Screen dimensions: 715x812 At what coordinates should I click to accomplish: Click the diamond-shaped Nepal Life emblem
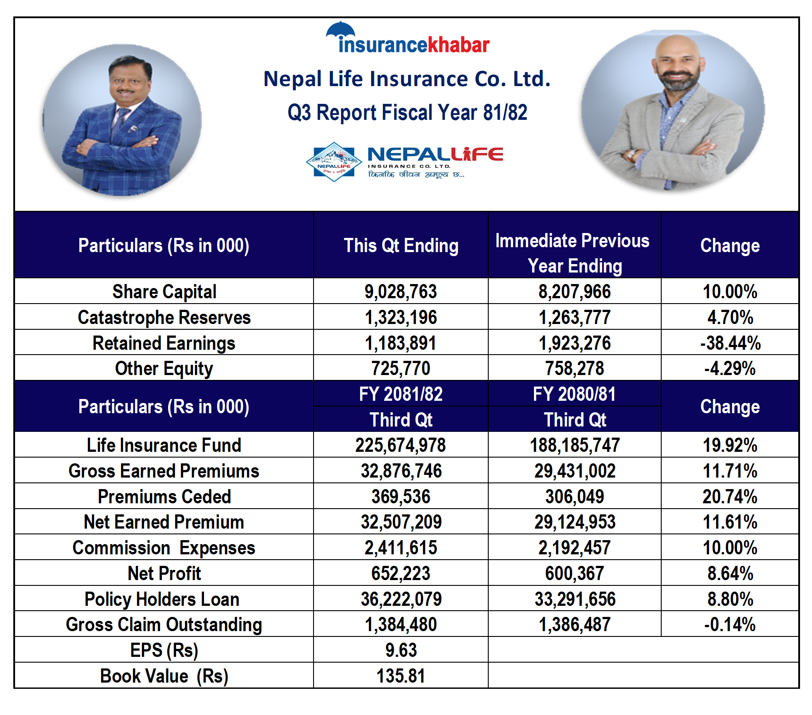click(334, 162)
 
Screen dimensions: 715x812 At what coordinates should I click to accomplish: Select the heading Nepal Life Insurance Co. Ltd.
click(407, 79)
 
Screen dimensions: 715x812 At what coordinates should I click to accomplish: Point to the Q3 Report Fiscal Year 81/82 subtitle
click(407, 112)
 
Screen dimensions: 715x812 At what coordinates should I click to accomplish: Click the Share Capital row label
click(164, 292)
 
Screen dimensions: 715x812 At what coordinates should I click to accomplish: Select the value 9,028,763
click(400, 292)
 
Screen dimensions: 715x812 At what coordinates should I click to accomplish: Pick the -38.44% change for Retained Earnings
click(730, 343)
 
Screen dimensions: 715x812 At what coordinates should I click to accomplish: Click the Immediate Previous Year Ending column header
click(574, 253)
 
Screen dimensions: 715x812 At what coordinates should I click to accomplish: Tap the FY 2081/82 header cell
click(400, 394)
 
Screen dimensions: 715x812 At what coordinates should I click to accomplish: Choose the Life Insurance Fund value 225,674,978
click(400, 445)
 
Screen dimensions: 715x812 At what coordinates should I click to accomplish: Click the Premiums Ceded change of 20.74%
click(730, 497)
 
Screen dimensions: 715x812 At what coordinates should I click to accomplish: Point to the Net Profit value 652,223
click(400, 573)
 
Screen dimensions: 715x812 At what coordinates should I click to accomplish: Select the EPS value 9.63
click(400, 650)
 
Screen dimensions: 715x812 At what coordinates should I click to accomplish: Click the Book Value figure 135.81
click(400, 676)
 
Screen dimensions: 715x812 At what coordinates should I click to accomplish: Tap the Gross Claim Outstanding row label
click(164, 624)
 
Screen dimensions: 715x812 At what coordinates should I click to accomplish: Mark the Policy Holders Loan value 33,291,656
click(575, 599)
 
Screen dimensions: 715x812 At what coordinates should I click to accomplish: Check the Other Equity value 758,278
click(575, 368)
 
